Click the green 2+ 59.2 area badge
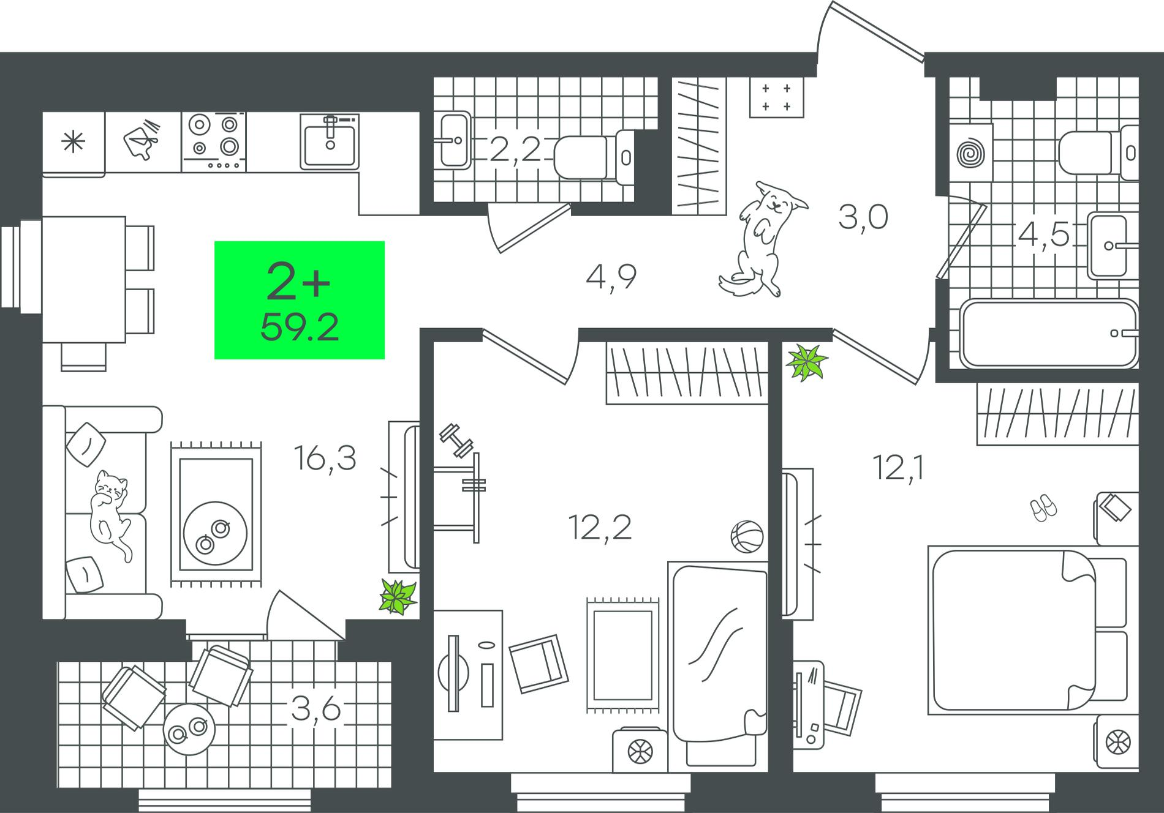pos(300,300)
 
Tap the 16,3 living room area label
pos(325,458)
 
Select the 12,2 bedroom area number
pos(600,527)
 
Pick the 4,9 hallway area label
pos(611,277)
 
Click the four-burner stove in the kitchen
pos(214,141)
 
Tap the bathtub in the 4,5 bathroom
pos(1048,333)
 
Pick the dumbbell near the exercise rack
pos(457,440)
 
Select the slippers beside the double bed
pos(1043,508)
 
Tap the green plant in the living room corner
pos(398,596)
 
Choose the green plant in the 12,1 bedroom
pos(807,362)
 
